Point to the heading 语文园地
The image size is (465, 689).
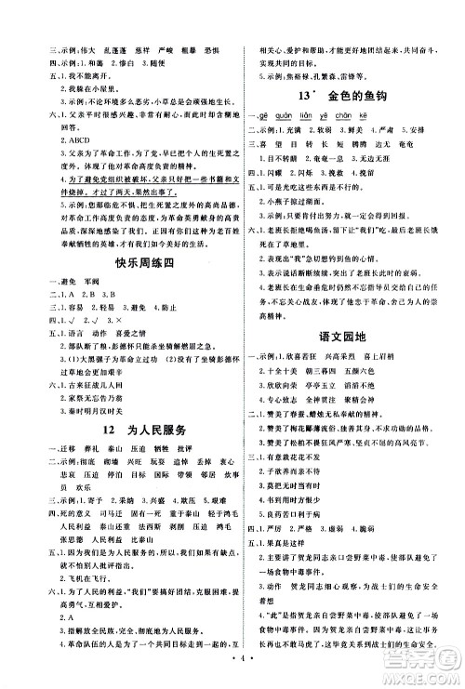(x=354, y=327)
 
